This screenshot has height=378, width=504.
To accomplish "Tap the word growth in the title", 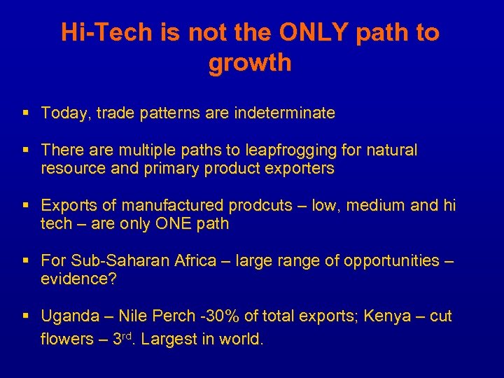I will pyautogui.click(x=250, y=64).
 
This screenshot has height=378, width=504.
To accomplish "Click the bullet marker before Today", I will pyautogui.click(x=25, y=113).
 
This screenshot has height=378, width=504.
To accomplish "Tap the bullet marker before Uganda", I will pyautogui.click(x=25, y=316).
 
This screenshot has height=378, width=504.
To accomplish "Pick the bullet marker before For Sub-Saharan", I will pyautogui.click(x=25, y=261).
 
